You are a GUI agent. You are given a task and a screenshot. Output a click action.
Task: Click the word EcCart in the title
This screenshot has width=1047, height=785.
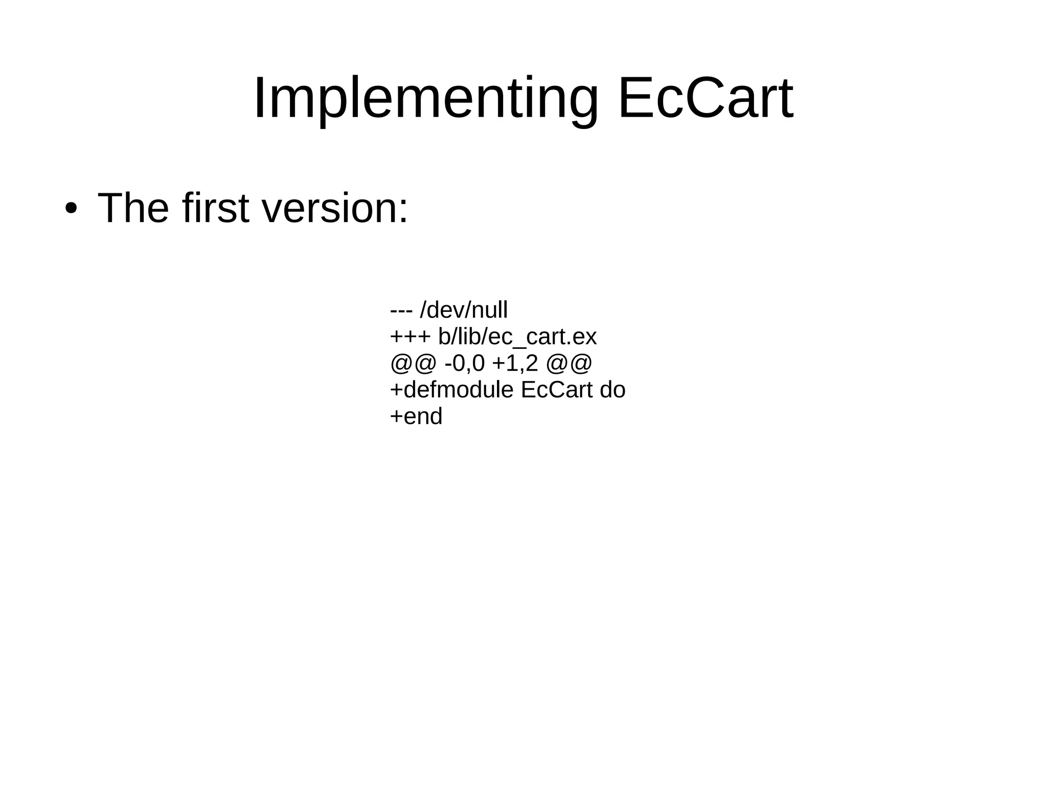[x=705, y=98]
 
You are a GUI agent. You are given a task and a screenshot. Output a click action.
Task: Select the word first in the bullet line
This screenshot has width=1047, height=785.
[x=215, y=208]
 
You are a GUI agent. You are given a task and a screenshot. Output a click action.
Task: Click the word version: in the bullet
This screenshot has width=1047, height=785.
[x=335, y=209]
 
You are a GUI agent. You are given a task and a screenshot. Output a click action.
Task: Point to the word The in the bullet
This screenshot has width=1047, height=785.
[x=133, y=208]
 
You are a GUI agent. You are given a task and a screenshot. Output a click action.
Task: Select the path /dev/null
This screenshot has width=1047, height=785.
[x=463, y=310]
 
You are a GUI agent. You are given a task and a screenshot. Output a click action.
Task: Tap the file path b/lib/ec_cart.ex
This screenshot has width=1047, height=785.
[x=517, y=337]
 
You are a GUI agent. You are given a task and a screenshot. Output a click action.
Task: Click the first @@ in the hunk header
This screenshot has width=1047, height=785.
[x=413, y=364]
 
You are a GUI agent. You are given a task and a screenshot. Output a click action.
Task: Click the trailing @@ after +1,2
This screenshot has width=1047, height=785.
[x=568, y=364]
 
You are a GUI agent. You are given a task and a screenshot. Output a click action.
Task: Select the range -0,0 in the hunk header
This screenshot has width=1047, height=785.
[x=464, y=364]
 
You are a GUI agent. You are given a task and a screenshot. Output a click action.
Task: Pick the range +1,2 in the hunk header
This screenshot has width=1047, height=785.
[x=515, y=364]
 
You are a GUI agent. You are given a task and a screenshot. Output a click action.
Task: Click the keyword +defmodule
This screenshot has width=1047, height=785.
[x=451, y=390]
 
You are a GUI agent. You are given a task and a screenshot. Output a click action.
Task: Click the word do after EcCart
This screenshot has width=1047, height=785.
[x=612, y=390]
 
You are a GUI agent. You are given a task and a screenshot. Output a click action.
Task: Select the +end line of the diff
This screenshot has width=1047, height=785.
[x=416, y=416]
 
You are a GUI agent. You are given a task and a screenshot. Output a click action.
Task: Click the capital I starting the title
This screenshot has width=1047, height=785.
[x=259, y=98]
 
